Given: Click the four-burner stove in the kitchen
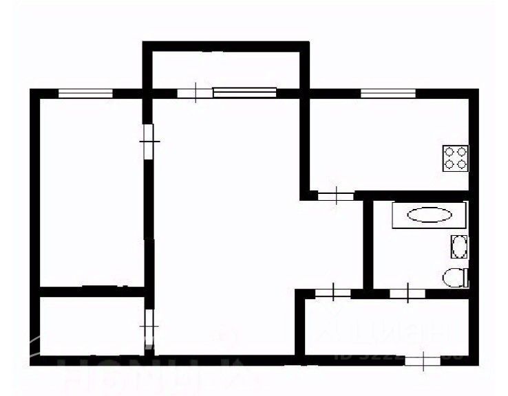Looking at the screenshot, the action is [455, 157].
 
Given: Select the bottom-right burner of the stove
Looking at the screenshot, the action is [461, 164].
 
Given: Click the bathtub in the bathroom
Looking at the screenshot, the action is [430, 215].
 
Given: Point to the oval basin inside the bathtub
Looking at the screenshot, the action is [430, 215].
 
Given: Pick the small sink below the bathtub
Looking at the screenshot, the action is [459, 245].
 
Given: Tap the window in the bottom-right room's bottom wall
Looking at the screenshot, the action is [421, 359].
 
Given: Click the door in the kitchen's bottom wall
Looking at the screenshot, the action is [336, 197].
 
